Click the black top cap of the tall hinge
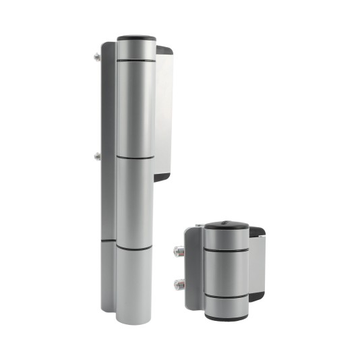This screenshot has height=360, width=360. tap(136, 39)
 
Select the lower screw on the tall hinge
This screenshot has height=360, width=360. tap(98, 156)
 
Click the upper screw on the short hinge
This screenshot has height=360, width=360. tap(178, 252)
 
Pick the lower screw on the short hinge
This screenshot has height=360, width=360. tap(178, 283)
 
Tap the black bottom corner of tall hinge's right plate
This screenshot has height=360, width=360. tap(162, 177)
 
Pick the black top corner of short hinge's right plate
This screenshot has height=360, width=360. tap(258, 231)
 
